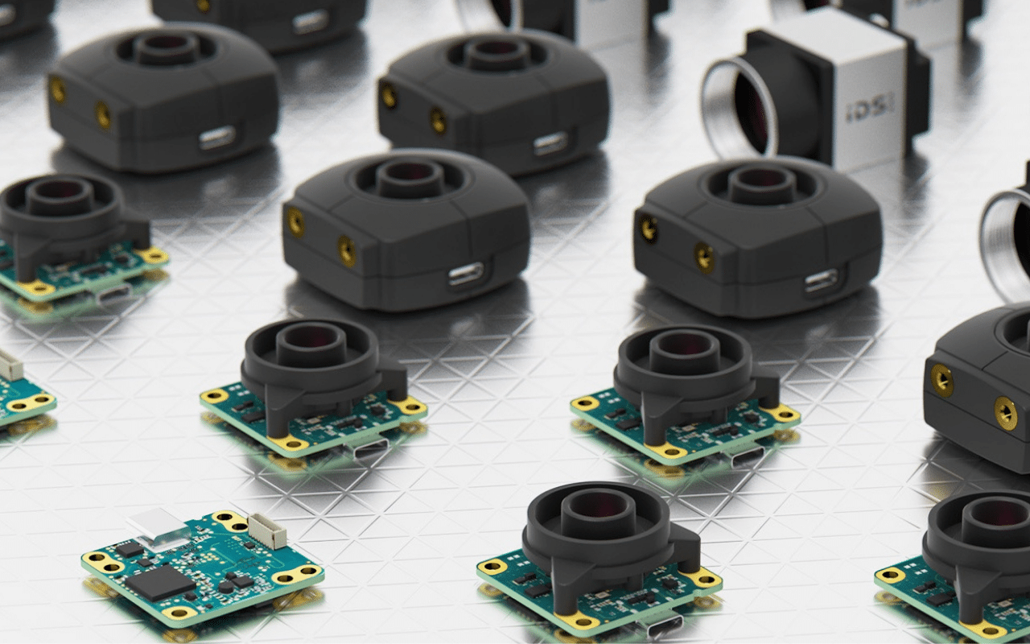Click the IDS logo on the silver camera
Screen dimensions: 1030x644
[870, 109]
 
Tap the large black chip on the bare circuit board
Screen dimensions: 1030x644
[160, 583]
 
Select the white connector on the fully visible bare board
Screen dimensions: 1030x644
[267, 531]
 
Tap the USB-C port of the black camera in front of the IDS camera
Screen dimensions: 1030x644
[822, 282]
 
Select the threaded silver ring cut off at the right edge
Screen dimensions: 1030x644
[1006, 244]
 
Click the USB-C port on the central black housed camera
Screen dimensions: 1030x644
[466, 275]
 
